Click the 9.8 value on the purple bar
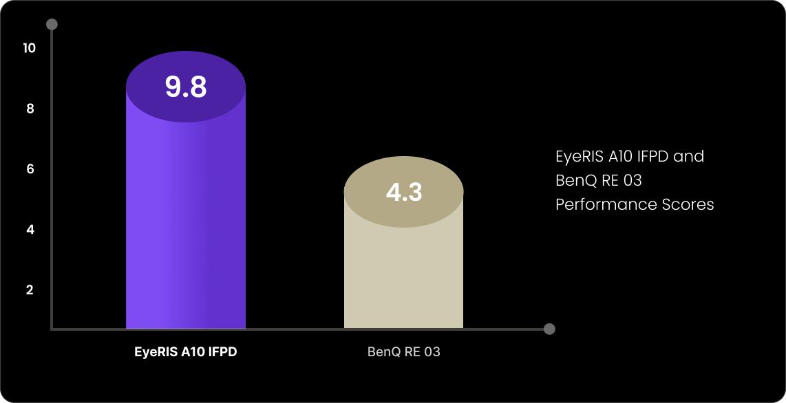pyautogui.click(x=186, y=87)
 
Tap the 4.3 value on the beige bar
pyautogui.click(x=403, y=192)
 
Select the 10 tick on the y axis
pyautogui.click(x=29, y=48)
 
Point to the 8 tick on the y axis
pyautogui.click(x=30, y=109)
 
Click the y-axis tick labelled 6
pyautogui.click(x=30, y=169)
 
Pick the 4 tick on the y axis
pyautogui.click(x=30, y=230)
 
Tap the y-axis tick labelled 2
pyautogui.click(x=30, y=290)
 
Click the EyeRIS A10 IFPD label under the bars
pyautogui.click(x=185, y=352)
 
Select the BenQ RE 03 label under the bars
pyautogui.click(x=403, y=352)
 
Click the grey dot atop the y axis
pyautogui.click(x=52, y=25)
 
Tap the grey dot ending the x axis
pyautogui.click(x=549, y=329)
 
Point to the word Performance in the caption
pyautogui.click(x=596, y=204)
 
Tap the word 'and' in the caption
pyautogui.click(x=689, y=156)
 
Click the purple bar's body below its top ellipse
pyautogui.click(x=186, y=227)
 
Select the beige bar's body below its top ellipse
pyautogui.click(x=403, y=275)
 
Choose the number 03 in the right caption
pyautogui.click(x=630, y=180)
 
